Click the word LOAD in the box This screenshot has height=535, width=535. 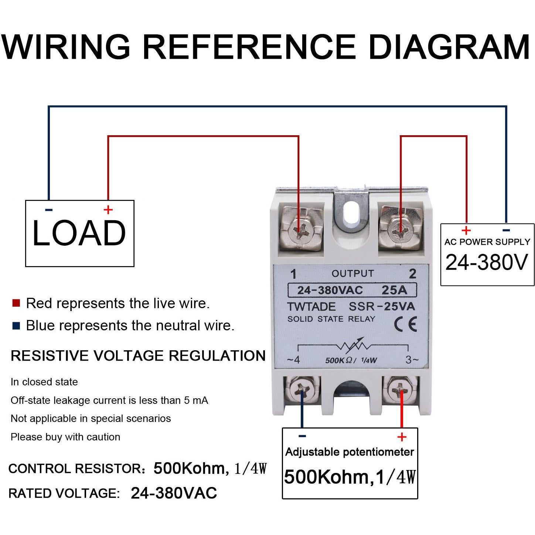(x=79, y=233)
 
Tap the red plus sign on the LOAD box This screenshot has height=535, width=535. (x=108, y=210)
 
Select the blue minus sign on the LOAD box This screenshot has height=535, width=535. (x=49, y=210)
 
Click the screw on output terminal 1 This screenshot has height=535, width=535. (x=300, y=231)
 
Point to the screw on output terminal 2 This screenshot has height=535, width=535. (x=401, y=231)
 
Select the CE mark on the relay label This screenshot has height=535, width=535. (x=405, y=324)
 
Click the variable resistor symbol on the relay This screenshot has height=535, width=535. (x=353, y=346)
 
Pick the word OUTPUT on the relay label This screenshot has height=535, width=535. (x=353, y=273)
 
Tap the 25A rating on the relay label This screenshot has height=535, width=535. (x=394, y=290)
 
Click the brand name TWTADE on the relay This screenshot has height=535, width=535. (x=311, y=307)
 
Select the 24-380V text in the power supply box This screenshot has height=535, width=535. (x=487, y=262)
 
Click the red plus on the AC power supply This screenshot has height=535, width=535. (x=466, y=231)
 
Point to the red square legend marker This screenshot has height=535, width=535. (x=16, y=303)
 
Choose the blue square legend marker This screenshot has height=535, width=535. (x=16, y=326)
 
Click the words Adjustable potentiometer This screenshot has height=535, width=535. (x=350, y=452)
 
